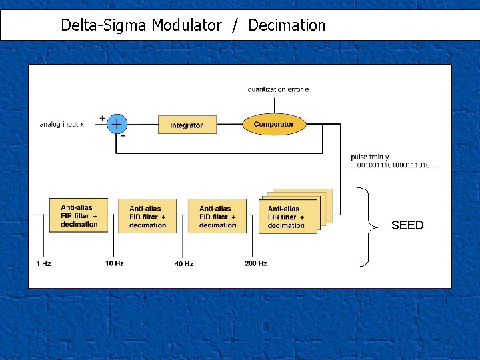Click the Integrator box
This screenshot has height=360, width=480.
(x=186, y=125)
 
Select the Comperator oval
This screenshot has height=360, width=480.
(x=273, y=124)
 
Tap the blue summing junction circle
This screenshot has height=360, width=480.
(x=117, y=124)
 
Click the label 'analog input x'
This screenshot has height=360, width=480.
(x=62, y=125)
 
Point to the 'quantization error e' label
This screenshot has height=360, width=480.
(x=278, y=89)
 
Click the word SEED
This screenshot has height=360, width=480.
(x=407, y=225)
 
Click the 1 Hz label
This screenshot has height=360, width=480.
(x=43, y=263)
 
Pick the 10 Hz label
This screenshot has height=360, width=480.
(x=114, y=263)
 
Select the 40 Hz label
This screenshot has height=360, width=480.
(x=183, y=264)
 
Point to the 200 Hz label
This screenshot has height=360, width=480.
(x=255, y=263)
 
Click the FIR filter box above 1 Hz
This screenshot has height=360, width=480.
(x=79, y=215)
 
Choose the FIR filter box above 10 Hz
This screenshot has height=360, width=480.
(x=147, y=216)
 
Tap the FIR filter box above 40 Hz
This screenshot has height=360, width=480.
(x=217, y=216)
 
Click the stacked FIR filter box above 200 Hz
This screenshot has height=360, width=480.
(x=287, y=217)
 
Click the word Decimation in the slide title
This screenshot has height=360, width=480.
(x=287, y=26)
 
